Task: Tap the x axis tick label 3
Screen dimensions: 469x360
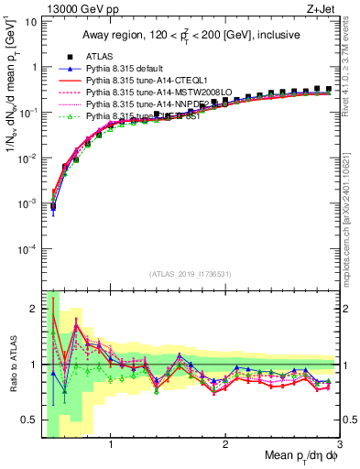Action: [x=339, y=445]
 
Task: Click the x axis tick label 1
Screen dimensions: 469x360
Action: [x=111, y=445]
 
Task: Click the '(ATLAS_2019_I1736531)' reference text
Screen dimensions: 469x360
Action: [x=190, y=274]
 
